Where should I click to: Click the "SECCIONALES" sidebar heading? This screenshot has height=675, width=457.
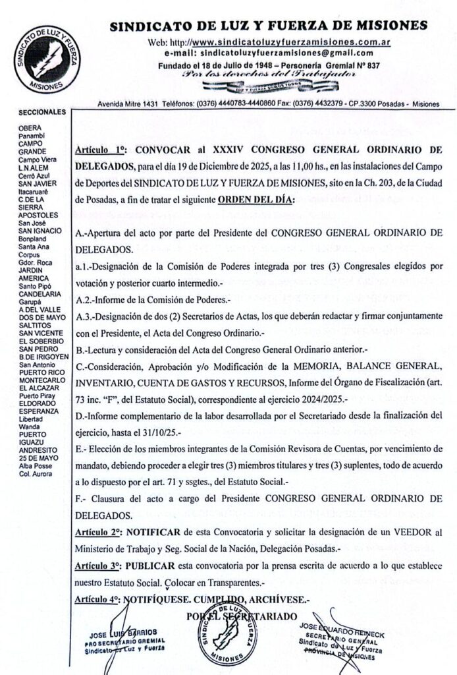(x=43, y=112)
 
